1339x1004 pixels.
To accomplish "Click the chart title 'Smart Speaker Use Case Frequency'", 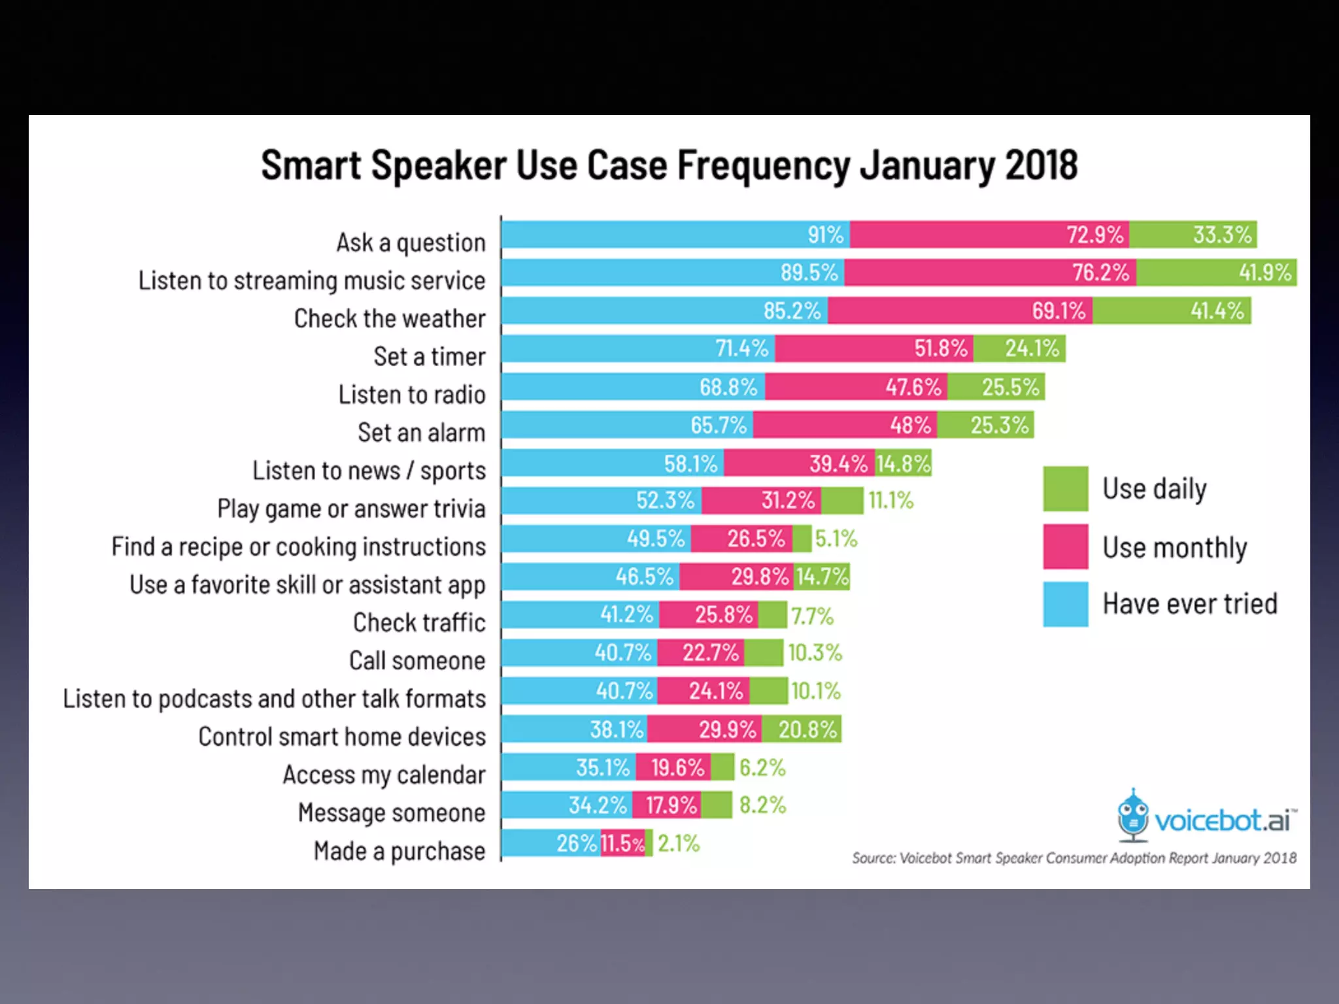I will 669,165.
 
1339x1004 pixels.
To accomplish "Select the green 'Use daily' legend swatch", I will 1065,488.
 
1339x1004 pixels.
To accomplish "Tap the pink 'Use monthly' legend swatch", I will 1065,546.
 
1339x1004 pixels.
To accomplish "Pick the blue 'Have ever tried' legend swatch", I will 1065,604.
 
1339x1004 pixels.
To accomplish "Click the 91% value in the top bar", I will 825,235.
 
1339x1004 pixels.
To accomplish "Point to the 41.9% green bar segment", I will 1216,273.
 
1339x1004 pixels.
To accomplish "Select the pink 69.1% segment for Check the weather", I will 960,310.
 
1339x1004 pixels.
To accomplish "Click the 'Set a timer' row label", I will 430,357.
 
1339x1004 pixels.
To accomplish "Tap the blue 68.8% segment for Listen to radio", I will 633,387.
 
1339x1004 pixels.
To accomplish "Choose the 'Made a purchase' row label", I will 399,851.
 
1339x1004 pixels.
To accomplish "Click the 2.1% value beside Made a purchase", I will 679,843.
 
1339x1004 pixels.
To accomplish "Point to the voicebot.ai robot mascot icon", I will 1132,816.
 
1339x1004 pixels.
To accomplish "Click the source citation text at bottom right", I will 1074,858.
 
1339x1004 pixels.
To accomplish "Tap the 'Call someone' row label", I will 417,661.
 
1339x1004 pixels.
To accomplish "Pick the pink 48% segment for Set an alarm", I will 845,425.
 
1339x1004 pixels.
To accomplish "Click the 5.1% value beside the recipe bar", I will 836,539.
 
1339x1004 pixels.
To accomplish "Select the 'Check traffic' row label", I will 419,623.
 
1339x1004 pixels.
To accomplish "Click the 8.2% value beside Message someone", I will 762,805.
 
